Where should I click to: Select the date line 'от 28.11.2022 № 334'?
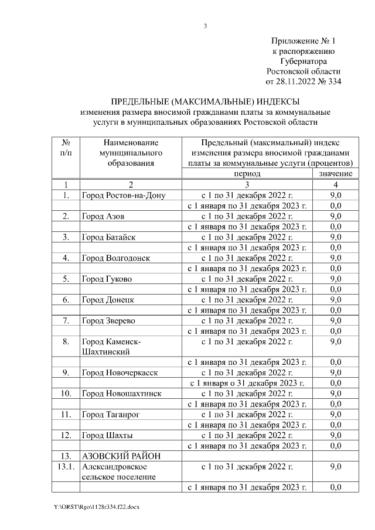tap(304, 81)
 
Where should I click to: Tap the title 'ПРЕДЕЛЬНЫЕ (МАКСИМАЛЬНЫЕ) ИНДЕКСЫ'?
tap(205, 102)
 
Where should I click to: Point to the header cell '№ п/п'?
tap(66, 147)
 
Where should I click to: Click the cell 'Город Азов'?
tap(103, 216)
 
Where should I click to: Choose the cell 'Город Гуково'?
tap(107, 279)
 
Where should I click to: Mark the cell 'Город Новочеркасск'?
tap(120, 372)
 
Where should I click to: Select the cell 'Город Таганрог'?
tap(111, 414)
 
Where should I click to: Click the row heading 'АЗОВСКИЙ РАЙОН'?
tap(121, 456)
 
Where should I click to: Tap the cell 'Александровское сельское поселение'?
tap(118, 471)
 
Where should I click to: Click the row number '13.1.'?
tap(66, 467)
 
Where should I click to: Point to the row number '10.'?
tap(66, 393)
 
